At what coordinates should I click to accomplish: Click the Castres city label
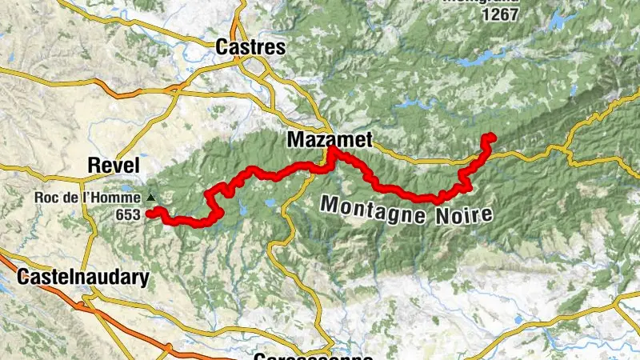pyautogui.click(x=250, y=47)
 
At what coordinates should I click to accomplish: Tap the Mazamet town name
pyautogui.click(x=330, y=140)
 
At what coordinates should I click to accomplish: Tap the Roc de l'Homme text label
pyautogui.click(x=86, y=198)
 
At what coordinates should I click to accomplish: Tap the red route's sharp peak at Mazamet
pyautogui.click(x=330, y=150)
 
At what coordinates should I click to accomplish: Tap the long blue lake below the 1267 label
pyautogui.click(x=488, y=57)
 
